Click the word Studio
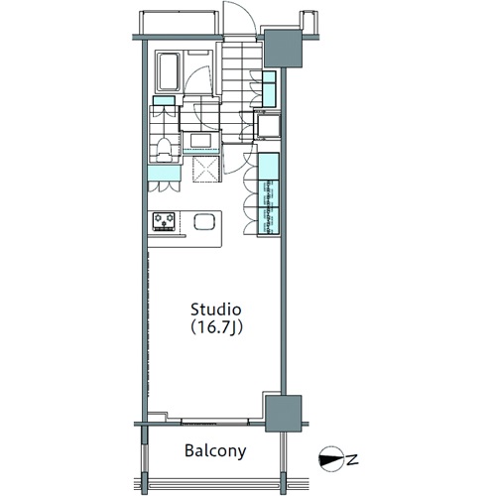[x=216, y=310]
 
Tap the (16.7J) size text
[x=216, y=327]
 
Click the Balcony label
[x=215, y=451]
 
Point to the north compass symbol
[x=331, y=459]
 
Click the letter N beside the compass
[x=353, y=459]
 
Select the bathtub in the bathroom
[x=168, y=71]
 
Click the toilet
[x=164, y=150]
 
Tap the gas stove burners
[x=164, y=221]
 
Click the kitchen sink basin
[x=204, y=221]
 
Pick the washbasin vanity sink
[x=200, y=141]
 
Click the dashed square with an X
[x=206, y=169]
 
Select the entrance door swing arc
[x=239, y=17]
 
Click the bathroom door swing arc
[x=197, y=79]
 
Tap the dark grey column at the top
[x=283, y=49]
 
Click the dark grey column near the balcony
[x=284, y=414]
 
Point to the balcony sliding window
[x=215, y=422]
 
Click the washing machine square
[x=268, y=126]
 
